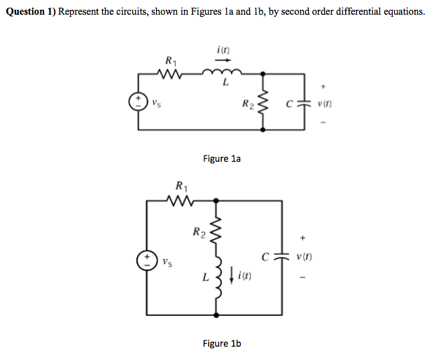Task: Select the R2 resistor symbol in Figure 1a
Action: click(x=265, y=105)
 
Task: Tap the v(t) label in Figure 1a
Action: click(x=325, y=106)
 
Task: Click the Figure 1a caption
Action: click(x=222, y=159)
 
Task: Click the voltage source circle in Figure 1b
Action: click(x=148, y=261)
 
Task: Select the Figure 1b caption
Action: click(x=222, y=343)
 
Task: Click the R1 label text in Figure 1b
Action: click(x=181, y=186)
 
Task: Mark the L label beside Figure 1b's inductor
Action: click(x=204, y=279)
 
